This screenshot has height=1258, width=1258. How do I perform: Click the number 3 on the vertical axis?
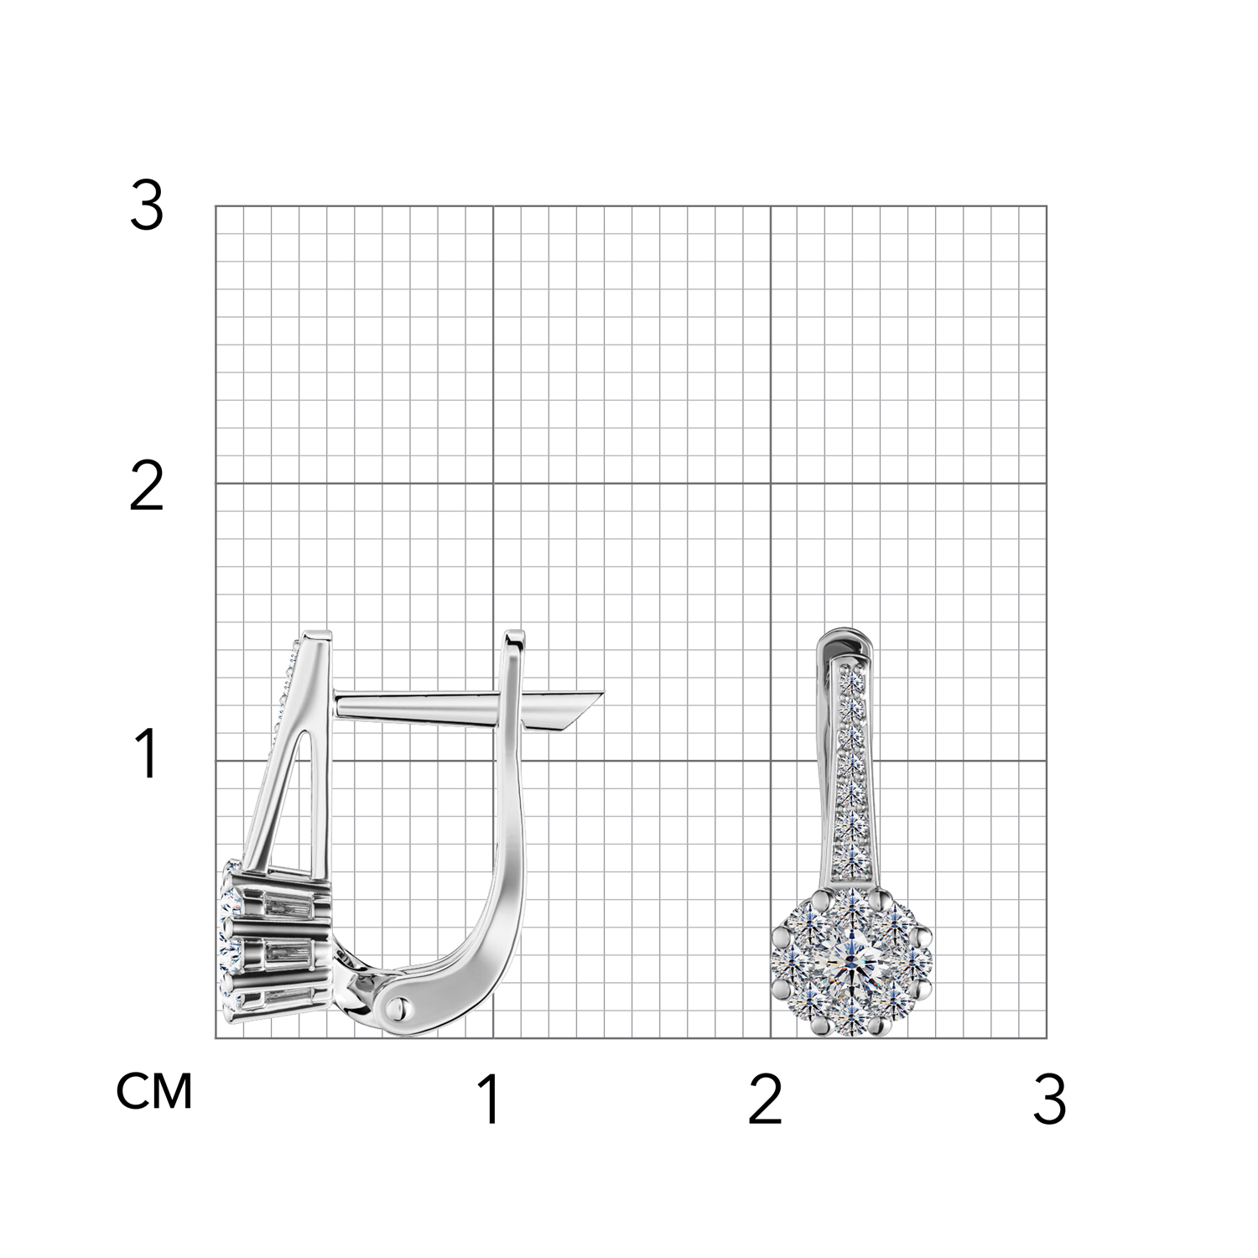[x=147, y=207]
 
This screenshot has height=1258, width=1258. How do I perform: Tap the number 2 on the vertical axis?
[x=147, y=488]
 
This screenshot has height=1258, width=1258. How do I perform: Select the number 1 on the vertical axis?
[x=148, y=753]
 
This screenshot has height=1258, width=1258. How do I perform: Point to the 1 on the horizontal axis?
[x=490, y=1099]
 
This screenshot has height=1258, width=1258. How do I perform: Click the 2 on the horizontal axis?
[x=765, y=1099]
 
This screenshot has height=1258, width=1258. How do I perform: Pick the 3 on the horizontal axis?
[x=1050, y=1099]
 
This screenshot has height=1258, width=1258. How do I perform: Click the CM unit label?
[x=154, y=1091]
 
